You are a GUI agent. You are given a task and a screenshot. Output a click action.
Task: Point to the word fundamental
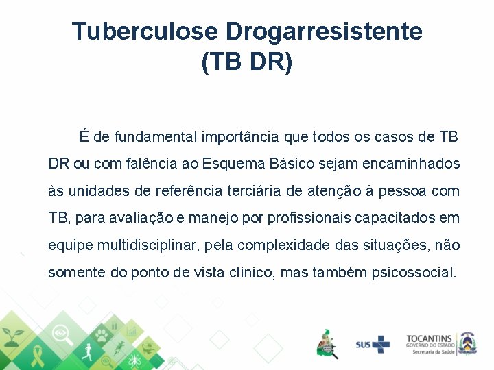156,137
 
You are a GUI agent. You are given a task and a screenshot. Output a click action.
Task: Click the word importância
240,137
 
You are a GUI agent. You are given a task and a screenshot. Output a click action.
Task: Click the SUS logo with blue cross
372,344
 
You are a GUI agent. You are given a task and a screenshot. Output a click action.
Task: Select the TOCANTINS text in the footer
430,338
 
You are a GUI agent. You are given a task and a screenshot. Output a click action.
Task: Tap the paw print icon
101,335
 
